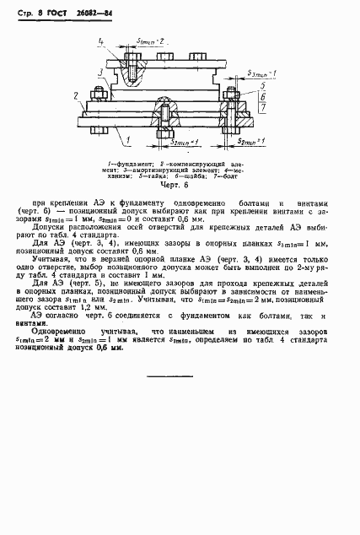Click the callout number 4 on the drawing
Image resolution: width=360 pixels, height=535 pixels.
click(x=100, y=40)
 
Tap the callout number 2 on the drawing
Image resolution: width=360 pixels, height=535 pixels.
click(x=77, y=95)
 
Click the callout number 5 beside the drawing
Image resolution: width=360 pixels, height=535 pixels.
click(x=264, y=86)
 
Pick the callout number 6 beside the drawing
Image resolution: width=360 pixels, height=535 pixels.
click(x=264, y=97)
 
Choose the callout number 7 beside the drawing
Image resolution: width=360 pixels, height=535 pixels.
click(x=264, y=108)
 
